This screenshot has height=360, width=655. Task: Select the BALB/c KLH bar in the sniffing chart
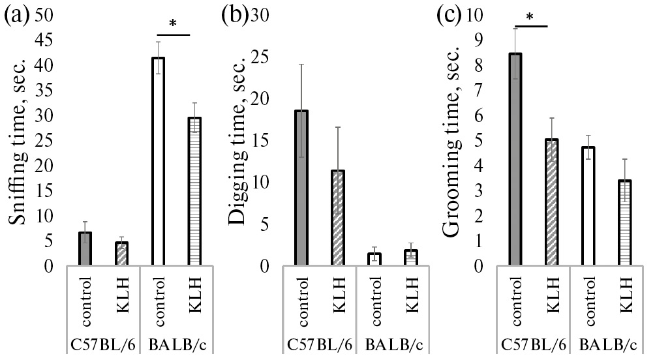[194, 192]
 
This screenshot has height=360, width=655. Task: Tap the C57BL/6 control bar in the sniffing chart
[85, 249]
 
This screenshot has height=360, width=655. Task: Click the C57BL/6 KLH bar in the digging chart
[337, 218]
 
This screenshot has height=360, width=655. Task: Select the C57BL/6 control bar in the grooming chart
[515, 160]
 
